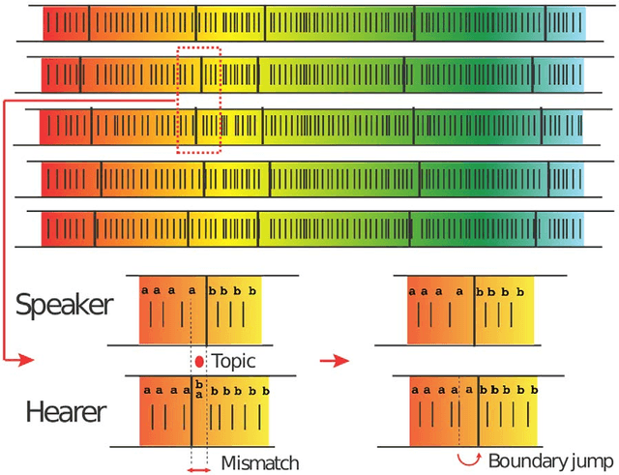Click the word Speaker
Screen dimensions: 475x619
(x=64, y=306)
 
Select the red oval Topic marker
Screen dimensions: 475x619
(x=199, y=361)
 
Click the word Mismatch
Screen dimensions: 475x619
(x=260, y=462)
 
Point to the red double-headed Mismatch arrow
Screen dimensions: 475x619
(x=198, y=469)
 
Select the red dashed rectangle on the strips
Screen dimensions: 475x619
(x=199, y=99)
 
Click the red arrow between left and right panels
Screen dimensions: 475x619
(x=334, y=361)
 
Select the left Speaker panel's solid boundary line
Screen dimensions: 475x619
(x=205, y=309)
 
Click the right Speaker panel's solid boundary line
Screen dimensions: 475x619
(x=474, y=309)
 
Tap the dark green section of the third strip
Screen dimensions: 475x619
(x=484, y=127)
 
